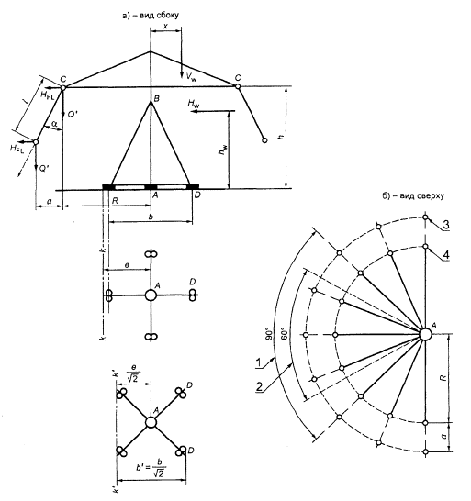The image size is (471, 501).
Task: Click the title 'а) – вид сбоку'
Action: [x=151, y=15]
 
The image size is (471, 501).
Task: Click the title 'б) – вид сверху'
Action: [x=413, y=195]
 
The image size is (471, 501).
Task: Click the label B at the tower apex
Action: [x=157, y=99]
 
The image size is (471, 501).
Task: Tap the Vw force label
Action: [x=192, y=77]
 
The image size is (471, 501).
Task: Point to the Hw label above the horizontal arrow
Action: [x=194, y=103]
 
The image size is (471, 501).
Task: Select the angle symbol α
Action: [x=55, y=124]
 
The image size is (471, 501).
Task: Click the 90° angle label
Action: [x=269, y=333]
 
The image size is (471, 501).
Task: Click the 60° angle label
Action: [x=285, y=333]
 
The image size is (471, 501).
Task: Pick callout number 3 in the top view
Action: [x=445, y=225]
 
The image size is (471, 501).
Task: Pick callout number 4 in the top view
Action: [x=446, y=255]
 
